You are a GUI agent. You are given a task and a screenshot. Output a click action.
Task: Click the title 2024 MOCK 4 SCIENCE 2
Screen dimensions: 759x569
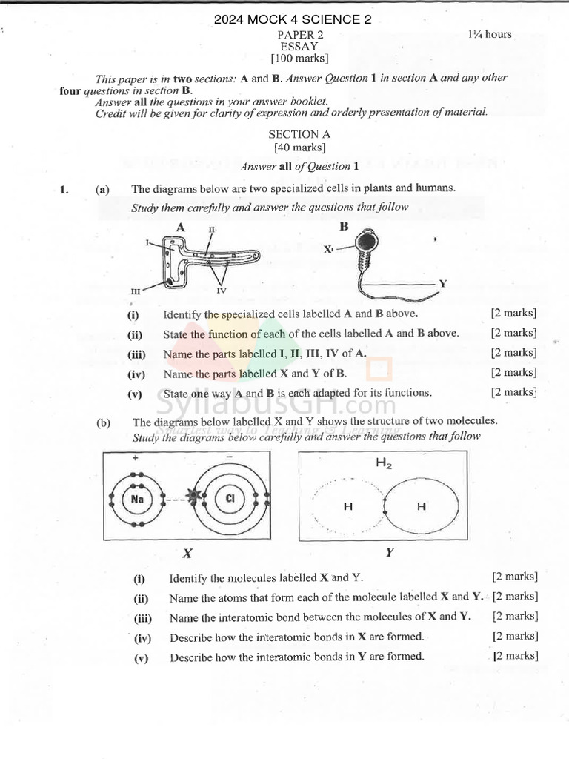pyautogui.click(x=293, y=20)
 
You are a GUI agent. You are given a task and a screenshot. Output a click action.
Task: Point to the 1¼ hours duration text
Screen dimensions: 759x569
pyautogui.click(x=489, y=34)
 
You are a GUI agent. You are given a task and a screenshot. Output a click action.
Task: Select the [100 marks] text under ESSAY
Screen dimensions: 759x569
pyautogui.click(x=299, y=58)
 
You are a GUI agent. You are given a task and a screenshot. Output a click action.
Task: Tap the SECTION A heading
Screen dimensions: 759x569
pyautogui.click(x=299, y=134)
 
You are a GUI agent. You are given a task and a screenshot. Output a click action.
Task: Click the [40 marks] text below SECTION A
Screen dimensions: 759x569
pyautogui.click(x=299, y=147)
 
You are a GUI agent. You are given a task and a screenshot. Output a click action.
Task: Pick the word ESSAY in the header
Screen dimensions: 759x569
pyautogui.click(x=299, y=46)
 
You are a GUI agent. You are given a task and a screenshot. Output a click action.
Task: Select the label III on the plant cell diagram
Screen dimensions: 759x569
pyautogui.click(x=136, y=292)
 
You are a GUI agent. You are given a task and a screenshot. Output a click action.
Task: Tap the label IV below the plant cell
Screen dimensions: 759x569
pyautogui.click(x=221, y=290)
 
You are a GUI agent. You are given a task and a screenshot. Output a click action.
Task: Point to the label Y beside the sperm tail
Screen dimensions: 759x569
pyautogui.click(x=442, y=284)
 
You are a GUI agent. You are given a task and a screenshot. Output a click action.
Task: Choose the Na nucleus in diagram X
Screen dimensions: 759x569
pyautogui.click(x=137, y=499)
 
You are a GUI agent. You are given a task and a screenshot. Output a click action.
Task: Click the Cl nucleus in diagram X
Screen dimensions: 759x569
pyautogui.click(x=230, y=499)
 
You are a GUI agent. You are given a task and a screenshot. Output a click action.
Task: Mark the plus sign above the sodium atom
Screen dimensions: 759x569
pyautogui.click(x=136, y=458)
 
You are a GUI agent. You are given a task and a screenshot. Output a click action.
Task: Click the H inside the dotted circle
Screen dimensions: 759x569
pyautogui.click(x=347, y=507)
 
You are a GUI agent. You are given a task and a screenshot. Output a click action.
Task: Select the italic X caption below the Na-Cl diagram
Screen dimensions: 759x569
pyautogui.click(x=187, y=553)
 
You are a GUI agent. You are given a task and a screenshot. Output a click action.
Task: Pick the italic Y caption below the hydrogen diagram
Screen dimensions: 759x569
pyautogui.click(x=390, y=553)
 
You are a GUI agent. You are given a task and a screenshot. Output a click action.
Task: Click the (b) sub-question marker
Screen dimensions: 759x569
pyautogui.click(x=103, y=423)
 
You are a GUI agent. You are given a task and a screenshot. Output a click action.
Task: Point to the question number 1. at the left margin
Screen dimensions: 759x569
pyautogui.click(x=64, y=190)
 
